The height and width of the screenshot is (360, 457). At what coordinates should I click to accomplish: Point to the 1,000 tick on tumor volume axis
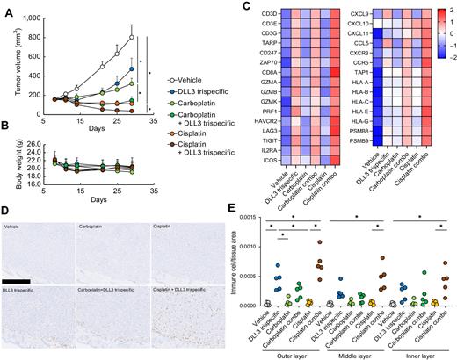(33, 17)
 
